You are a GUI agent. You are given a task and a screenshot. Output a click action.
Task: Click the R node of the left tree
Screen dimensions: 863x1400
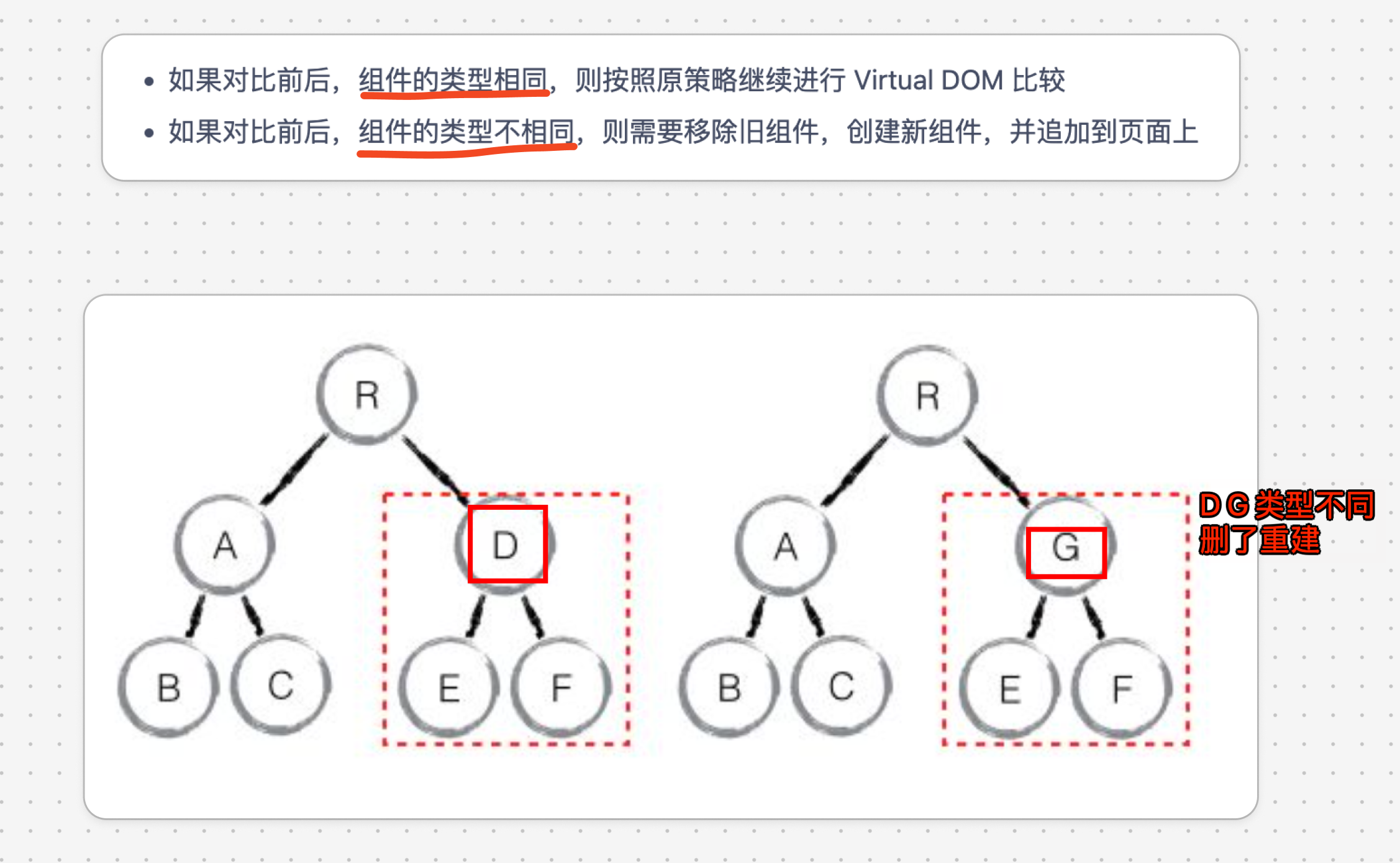tap(366, 395)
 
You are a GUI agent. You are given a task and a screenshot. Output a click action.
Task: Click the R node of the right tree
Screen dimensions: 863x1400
tap(927, 396)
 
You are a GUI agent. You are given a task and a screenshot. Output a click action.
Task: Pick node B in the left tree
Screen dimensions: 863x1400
tap(168, 687)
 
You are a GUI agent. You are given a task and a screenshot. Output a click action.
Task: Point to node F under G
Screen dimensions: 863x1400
tap(1122, 689)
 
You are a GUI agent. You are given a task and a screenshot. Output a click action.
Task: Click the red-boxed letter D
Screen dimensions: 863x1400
tap(507, 544)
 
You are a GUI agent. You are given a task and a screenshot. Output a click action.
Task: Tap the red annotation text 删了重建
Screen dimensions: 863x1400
tap(1259, 539)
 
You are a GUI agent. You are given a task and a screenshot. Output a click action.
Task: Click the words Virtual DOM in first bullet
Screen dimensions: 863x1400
tap(928, 80)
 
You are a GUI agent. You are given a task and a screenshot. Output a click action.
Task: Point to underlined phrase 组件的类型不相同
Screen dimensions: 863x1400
tap(466, 132)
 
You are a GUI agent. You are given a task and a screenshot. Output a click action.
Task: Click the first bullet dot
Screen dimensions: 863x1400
tap(148, 81)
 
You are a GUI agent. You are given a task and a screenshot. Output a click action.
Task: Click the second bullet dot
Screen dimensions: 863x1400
tap(148, 133)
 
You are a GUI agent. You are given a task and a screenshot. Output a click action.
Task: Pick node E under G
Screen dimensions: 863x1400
tap(1010, 689)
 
